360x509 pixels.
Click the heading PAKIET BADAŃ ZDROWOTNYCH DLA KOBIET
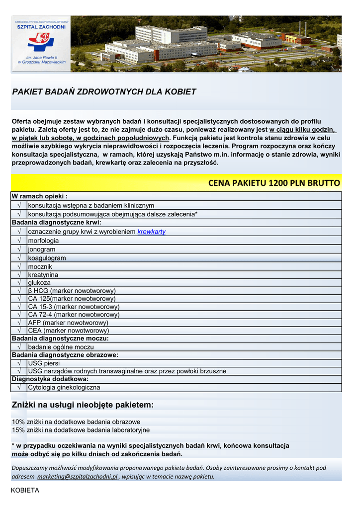(x=104, y=92)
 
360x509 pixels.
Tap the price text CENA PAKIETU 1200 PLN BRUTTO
(x=274, y=183)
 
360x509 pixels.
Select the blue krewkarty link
(x=151, y=232)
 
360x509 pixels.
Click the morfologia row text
(x=43, y=241)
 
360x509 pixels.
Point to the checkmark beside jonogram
(x=19, y=249)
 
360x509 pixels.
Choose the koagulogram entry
(x=47, y=258)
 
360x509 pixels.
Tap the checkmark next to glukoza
(x=19, y=282)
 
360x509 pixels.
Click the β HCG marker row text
(x=72, y=291)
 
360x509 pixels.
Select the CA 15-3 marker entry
(x=74, y=307)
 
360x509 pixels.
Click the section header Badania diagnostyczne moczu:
(x=60, y=339)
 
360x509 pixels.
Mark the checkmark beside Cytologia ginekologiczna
(x=19, y=387)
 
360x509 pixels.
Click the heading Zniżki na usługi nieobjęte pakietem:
(x=83, y=405)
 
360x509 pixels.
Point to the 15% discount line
(x=81, y=430)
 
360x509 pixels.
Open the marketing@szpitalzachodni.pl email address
(x=77, y=476)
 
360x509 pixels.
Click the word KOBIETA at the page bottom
(x=25, y=490)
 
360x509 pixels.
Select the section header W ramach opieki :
(x=39, y=196)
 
